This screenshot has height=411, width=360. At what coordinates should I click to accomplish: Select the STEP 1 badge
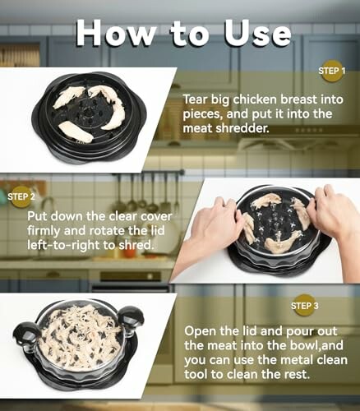[x=331, y=72]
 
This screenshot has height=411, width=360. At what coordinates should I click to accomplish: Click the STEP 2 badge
[x=21, y=196]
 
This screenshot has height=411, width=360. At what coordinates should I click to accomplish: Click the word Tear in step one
[x=198, y=98]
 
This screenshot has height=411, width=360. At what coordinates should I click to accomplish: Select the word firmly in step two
[x=47, y=233]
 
